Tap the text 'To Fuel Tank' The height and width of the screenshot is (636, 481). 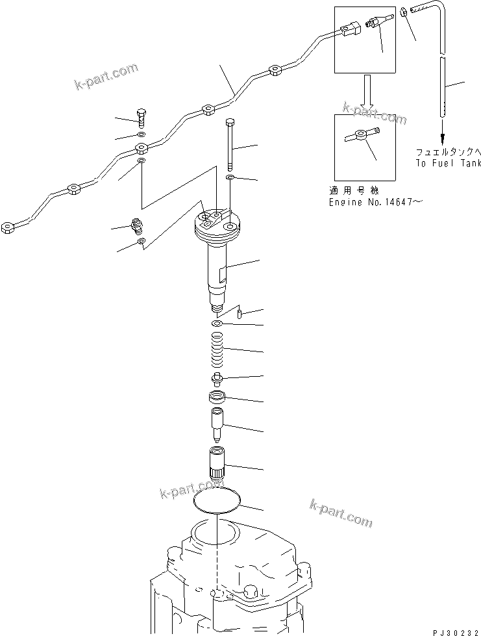point(449,164)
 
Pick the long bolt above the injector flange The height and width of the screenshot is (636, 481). point(230,143)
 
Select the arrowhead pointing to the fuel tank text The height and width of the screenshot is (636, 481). point(443,138)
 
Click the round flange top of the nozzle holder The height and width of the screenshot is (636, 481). point(217,223)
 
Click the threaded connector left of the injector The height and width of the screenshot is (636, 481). point(137,227)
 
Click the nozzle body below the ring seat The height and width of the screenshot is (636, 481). point(217,423)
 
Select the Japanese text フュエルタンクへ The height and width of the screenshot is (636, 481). point(449,152)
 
